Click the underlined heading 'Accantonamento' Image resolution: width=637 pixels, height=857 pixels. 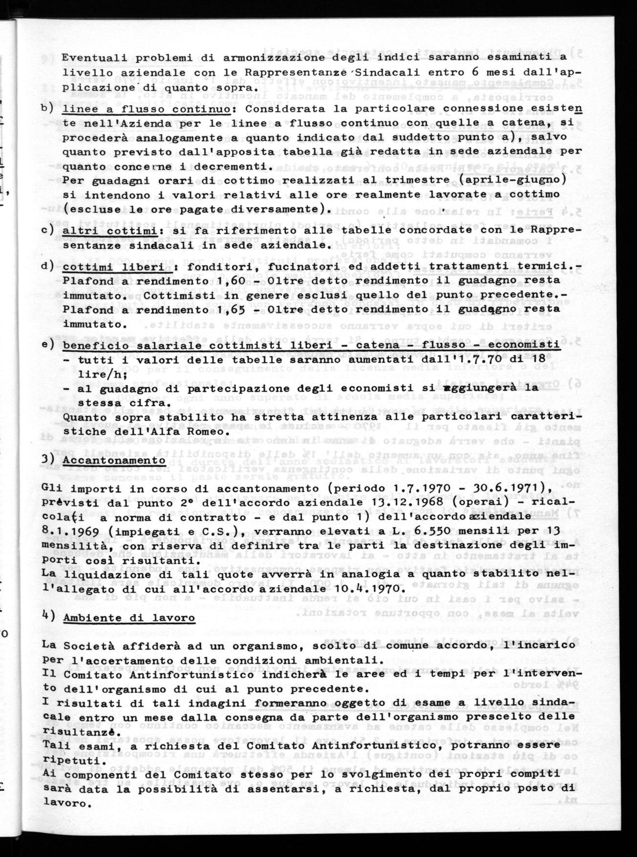pos(114,460)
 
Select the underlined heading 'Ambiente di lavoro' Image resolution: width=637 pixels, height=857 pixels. pos(129,618)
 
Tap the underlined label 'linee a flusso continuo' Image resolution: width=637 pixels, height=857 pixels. pos(146,108)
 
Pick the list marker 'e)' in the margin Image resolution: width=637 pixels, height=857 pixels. pos(48,344)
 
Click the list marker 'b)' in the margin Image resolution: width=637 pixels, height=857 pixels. pos(47,108)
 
